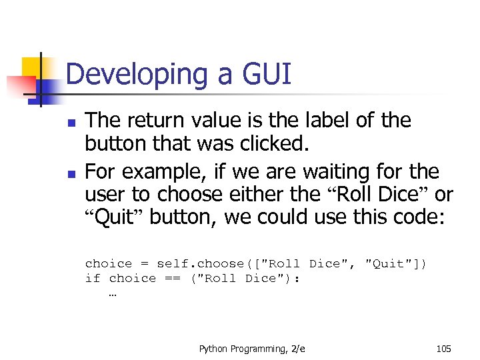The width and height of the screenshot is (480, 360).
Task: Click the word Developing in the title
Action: coord(137,75)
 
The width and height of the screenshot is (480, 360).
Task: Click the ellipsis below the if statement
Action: coord(111,293)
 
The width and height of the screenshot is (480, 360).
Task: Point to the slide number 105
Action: coord(443,348)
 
